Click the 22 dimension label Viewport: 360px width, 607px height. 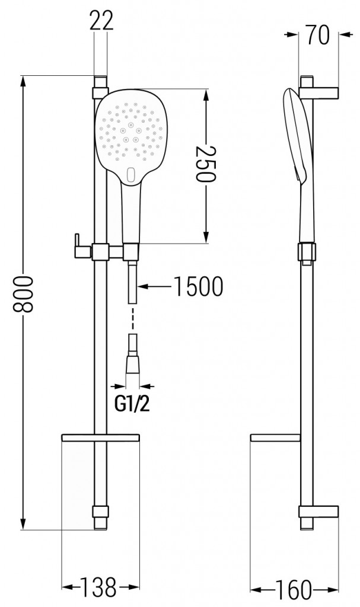tap(101, 23)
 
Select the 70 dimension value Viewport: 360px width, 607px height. tap(318, 35)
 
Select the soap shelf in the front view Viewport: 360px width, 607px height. tap(100, 438)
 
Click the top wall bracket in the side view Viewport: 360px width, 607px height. tap(320, 92)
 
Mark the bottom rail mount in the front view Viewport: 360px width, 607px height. tap(100, 513)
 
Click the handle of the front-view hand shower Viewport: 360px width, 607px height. tap(130, 213)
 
